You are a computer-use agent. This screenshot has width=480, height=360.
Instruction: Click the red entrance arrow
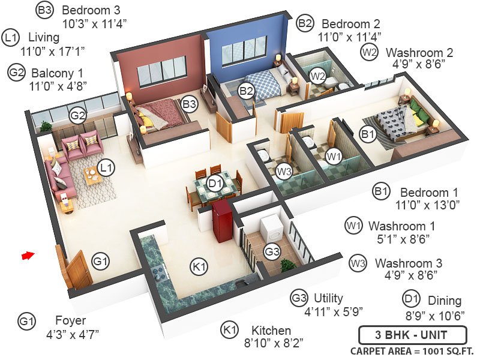pyautogui.click(x=28, y=256)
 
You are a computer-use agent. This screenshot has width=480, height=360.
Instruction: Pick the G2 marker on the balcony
pyautogui.click(x=77, y=116)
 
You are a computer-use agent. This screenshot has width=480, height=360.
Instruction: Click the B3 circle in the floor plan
pyautogui.click(x=190, y=104)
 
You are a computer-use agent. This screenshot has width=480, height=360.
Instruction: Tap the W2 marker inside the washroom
pyautogui.click(x=317, y=76)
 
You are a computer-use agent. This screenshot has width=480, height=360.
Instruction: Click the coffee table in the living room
pyautogui.click(x=93, y=178)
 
